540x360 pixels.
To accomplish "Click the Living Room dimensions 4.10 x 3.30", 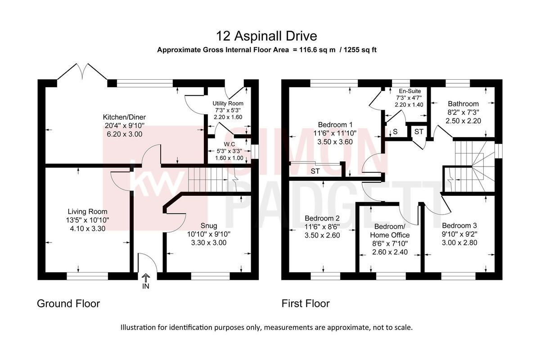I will (88, 228).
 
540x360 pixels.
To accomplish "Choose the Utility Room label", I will (228, 103).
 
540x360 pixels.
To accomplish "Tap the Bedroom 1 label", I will (335, 125).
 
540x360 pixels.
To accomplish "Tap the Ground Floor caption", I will (68, 304).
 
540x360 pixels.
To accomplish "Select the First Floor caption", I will (306, 304).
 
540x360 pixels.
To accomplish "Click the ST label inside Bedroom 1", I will (315, 171).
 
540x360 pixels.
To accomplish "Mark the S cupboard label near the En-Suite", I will (395, 132).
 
